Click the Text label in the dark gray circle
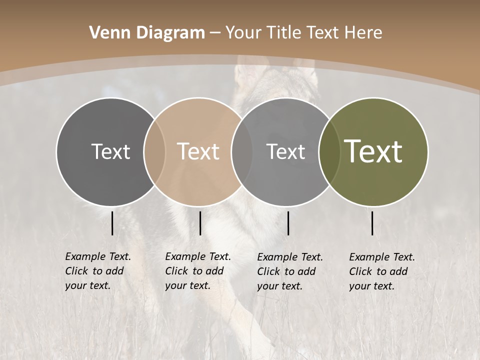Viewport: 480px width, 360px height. [x=110, y=151]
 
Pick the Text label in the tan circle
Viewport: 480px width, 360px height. [x=198, y=151]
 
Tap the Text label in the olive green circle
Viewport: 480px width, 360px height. [x=373, y=151]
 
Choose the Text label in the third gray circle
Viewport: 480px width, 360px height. [x=285, y=151]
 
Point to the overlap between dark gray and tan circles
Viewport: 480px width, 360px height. [x=154, y=152]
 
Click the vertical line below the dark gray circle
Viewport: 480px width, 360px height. [x=112, y=223]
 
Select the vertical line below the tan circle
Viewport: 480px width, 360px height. [x=200, y=223]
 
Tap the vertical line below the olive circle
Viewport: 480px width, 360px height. [x=372, y=223]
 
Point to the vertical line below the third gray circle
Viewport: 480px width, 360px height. [x=288, y=223]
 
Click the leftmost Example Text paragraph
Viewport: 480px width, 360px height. [x=97, y=271]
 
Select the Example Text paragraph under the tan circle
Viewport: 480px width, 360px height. [x=197, y=271]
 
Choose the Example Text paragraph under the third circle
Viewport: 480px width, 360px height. [x=289, y=271]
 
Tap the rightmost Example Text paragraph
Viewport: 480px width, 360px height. [x=381, y=271]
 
